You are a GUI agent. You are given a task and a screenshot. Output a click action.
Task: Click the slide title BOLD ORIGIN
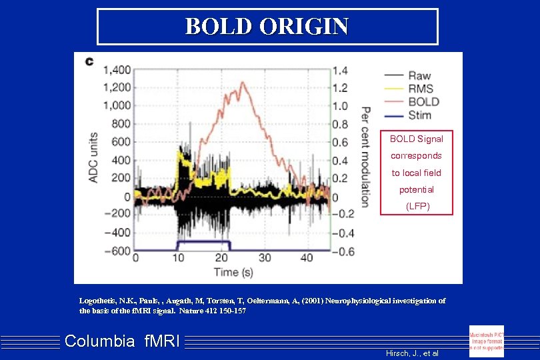[x=267, y=26]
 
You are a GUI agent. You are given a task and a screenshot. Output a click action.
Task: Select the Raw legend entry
[x=419, y=76]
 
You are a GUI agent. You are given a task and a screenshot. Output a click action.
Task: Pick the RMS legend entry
[x=420, y=89]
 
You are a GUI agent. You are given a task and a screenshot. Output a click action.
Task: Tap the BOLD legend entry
[x=423, y=102]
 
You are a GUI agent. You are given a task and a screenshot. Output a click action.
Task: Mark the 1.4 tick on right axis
[x=339, y=70]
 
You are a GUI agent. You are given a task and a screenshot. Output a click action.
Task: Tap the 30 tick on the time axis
[x=264, y=257]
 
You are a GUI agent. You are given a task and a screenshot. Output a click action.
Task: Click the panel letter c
[x=89, y=62]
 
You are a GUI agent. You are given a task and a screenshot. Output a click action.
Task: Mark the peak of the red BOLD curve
[x=243, y=83]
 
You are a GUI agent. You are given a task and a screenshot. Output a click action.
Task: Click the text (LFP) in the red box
[x=416, y=207]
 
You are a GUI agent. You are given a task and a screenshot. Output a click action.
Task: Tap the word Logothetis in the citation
[x=101, y=301]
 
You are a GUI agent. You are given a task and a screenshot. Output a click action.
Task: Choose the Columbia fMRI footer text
[x=122, y=342]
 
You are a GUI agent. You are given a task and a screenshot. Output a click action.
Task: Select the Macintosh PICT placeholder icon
[x=487, y=340]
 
